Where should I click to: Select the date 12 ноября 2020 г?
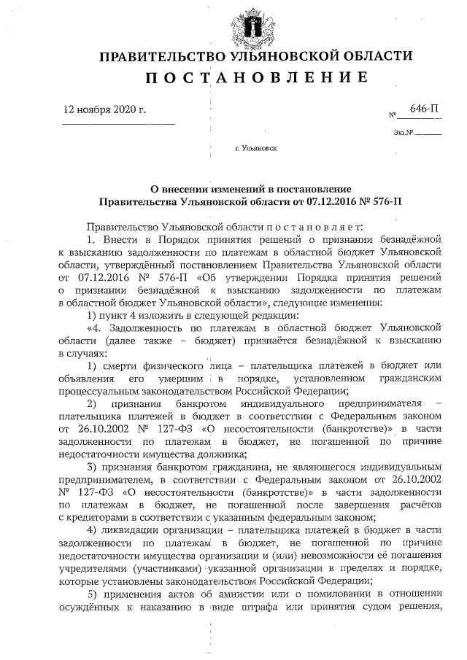click(x=106, y=111)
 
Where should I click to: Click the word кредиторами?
click(x=98, y=516)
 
